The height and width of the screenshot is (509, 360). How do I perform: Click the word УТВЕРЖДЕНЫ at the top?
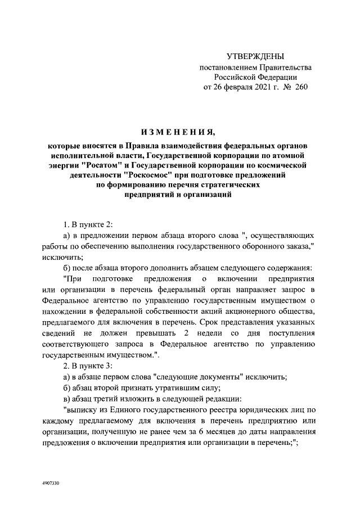pyautogui.click(x=255, y=56)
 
